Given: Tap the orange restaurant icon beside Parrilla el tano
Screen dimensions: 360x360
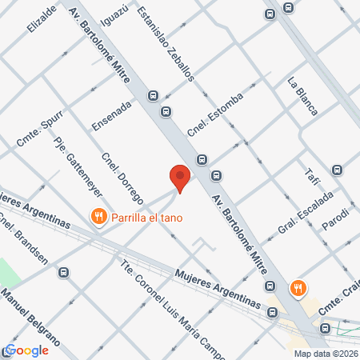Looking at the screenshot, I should [x=99, y=216].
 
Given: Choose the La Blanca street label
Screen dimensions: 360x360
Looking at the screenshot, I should [x=303, y=94].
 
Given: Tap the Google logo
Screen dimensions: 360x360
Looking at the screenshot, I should [x=27, y=350].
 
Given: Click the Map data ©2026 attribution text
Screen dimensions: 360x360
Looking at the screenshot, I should [x=326, y=354].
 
